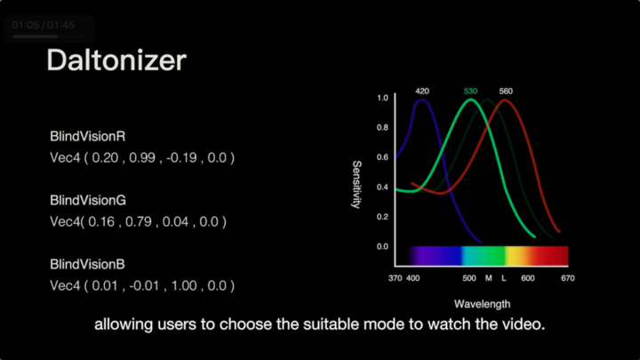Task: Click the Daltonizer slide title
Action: click(x=116, y=60)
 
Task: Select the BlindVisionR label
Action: click(x=87, y=136)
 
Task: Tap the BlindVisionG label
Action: click(x=88, y=200)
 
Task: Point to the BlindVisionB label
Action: click(x=87, y=265)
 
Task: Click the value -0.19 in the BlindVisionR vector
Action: click(x=181, y=157)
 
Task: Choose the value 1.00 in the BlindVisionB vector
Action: click(x=184, y=285)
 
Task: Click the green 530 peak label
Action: click(x=470, y=91)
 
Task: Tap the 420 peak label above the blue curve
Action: click(x=422, y=91)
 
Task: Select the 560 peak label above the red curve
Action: click(x=506, y=91)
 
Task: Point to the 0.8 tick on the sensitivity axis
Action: click(x=382, y=128)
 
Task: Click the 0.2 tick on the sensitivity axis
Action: click(x=382, y=217)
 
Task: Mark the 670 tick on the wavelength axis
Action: click(x=568, y=278)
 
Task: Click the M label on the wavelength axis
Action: click(x=489, y=278)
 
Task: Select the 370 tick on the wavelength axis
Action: click(x=395, y=278)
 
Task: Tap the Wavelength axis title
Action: click(x=482, y=304)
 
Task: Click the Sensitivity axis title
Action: click(x=356, y=185)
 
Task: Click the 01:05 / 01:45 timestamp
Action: click(x=44, y=25)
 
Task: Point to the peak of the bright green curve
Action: click(x=470, y=100)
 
